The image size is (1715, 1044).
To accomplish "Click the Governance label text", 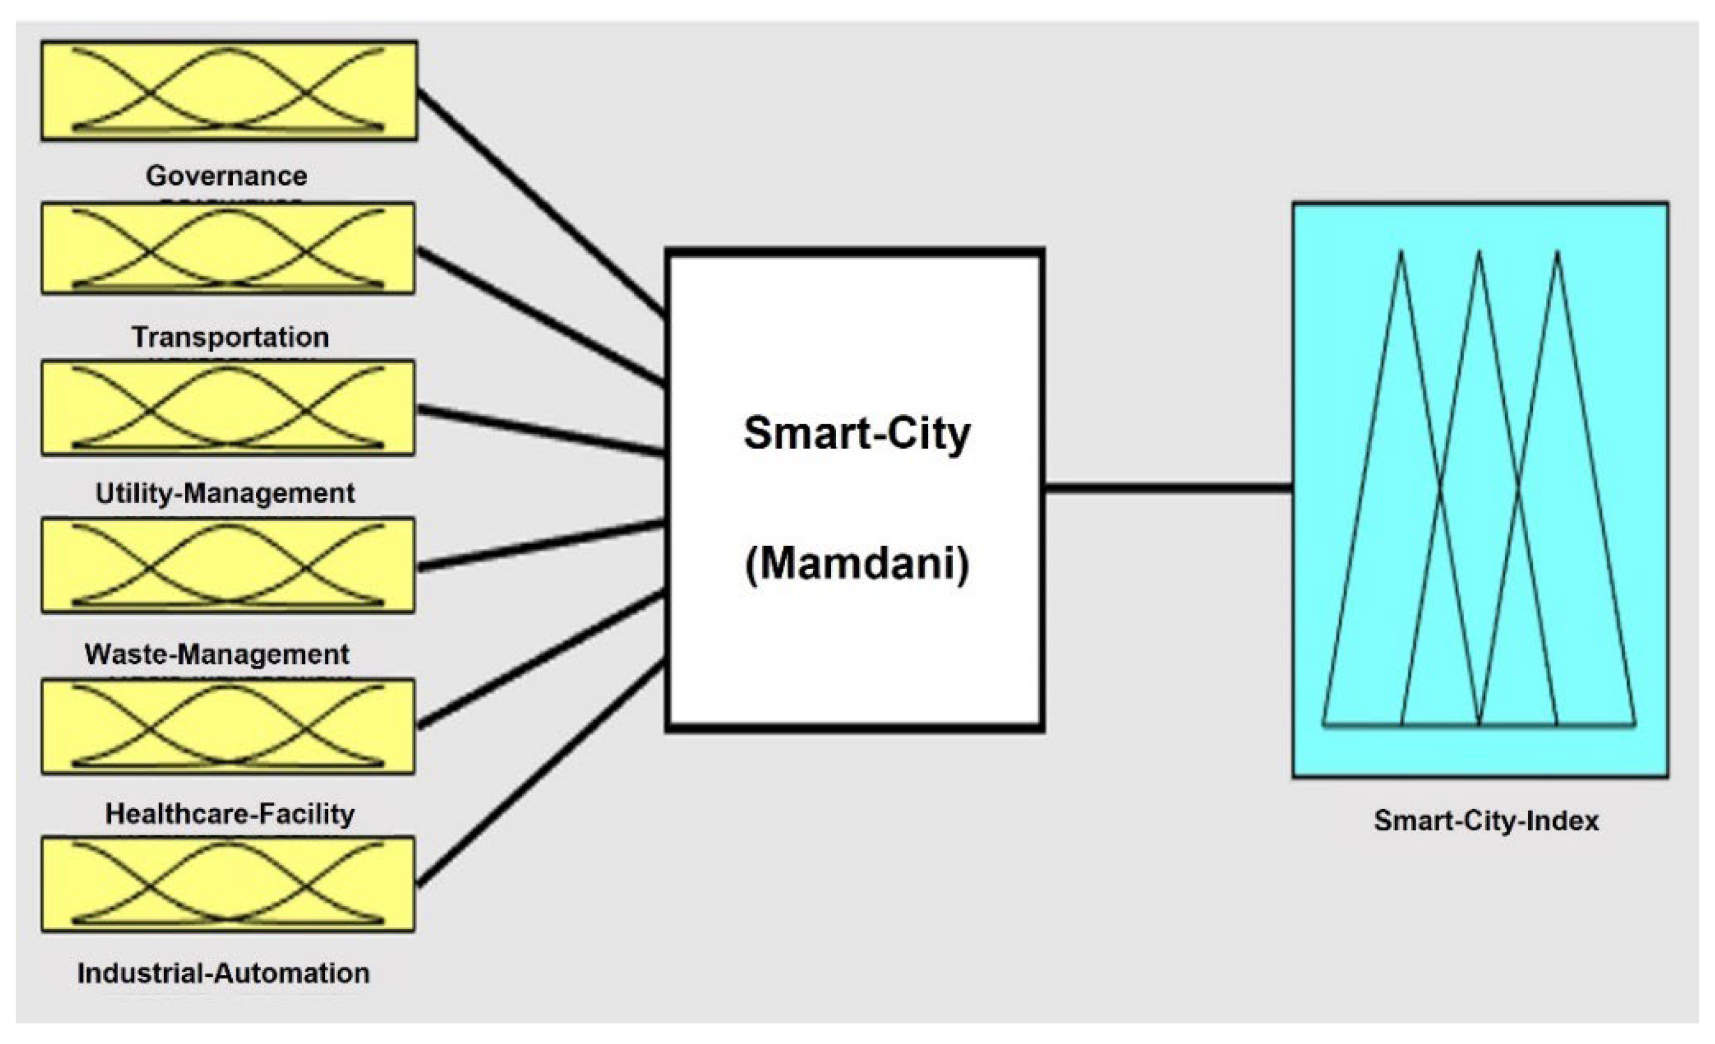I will (x=226, y=176).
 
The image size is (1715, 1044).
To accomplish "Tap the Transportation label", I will (x=230, y=337).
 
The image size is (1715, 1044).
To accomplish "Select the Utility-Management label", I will (x=225, y=493).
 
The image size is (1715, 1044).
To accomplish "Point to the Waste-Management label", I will (x=217, y=654).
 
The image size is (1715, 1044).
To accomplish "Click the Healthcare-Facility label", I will (x=230, y=813).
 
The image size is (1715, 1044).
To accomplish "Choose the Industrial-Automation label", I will (x=223, y=973).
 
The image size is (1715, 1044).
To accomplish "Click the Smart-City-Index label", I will (x=1486, y=821).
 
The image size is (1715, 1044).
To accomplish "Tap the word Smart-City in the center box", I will (x=857, y=433).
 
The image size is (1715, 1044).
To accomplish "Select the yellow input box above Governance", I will (x=229, y=91).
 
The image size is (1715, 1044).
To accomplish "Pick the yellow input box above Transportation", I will (x=228, y=249).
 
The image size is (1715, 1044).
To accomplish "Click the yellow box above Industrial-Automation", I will (x=228, y=884).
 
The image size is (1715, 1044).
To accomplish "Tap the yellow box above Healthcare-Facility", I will (x=228, y=726).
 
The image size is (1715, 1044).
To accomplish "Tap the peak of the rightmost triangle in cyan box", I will (x=1558, y=254).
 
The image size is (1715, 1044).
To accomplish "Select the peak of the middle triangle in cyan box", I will (x=1480, y=254).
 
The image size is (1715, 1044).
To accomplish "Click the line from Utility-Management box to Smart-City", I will (x=541, y=432).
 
